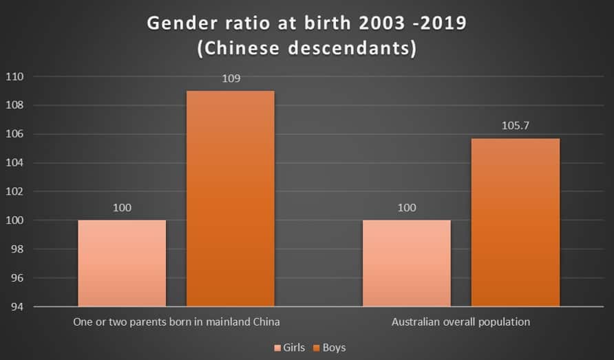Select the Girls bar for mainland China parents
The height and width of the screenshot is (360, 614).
tap(122, 263)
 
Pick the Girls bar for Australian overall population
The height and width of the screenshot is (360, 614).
tap(406, 263)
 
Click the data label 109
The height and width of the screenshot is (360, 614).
tap(231, 79)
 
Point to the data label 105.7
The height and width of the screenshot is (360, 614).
tap(515, 127)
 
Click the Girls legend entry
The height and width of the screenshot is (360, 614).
tap(289, 348)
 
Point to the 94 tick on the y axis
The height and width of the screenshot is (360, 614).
tap(16, 306)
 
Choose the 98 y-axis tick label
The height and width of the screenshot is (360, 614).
tap(16, 249)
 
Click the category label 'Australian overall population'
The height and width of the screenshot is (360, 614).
tap(460, 321)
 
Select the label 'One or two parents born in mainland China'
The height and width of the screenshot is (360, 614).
tap(176, 321)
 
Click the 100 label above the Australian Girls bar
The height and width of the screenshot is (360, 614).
tap(406, 208)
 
